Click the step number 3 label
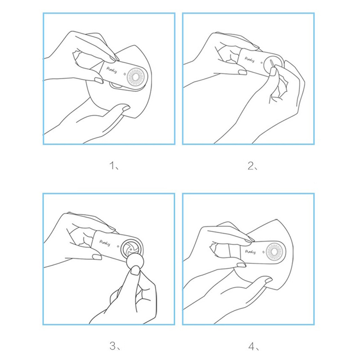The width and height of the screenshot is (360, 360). click(113, 346)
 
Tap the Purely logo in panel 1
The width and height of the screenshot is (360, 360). click(112, 70)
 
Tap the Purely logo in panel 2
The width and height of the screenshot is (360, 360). click(250, 60)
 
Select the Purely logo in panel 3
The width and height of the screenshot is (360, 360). click(105, 243)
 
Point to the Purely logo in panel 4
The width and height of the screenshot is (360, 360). click(250, 252)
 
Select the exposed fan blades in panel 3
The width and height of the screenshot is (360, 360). click(130, 249)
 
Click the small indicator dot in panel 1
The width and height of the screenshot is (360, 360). click(124, 74)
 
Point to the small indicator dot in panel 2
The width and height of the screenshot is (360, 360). click(261, 62)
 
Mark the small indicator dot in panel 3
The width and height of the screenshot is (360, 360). click(118, 247)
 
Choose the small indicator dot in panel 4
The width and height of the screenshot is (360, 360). click(263, 252)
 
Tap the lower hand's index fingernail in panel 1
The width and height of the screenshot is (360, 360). click(126, 108)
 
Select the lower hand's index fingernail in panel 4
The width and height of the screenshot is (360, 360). click(268, 280)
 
